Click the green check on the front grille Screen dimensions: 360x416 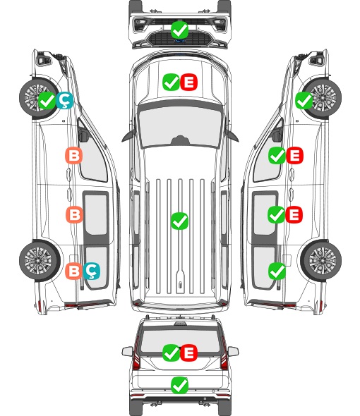[180, 30]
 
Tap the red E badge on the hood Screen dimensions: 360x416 [189, 82]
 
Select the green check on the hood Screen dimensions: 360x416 [171, 82]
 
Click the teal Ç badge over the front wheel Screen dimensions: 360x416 [64, 100]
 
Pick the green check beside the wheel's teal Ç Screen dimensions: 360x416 [47, 100]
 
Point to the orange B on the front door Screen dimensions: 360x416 [74, 155]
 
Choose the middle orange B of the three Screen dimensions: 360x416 [74, 214]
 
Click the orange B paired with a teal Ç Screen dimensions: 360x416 [74, 271]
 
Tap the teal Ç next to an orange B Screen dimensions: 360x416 [92, 271]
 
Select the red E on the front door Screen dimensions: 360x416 [294, 155]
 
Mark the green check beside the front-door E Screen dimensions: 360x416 [277, 155]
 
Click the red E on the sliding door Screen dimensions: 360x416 [294, 214]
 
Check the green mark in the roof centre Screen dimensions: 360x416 [180, 221]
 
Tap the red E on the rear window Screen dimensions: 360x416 [189, 353]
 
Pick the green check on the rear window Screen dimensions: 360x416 [171, 353]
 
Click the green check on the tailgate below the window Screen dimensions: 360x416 [180, 385]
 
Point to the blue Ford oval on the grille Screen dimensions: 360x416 [180, 41]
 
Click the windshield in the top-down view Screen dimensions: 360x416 [180, 126]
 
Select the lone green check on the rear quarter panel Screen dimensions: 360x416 [277, 271]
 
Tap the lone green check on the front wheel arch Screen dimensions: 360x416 [304, 100]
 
